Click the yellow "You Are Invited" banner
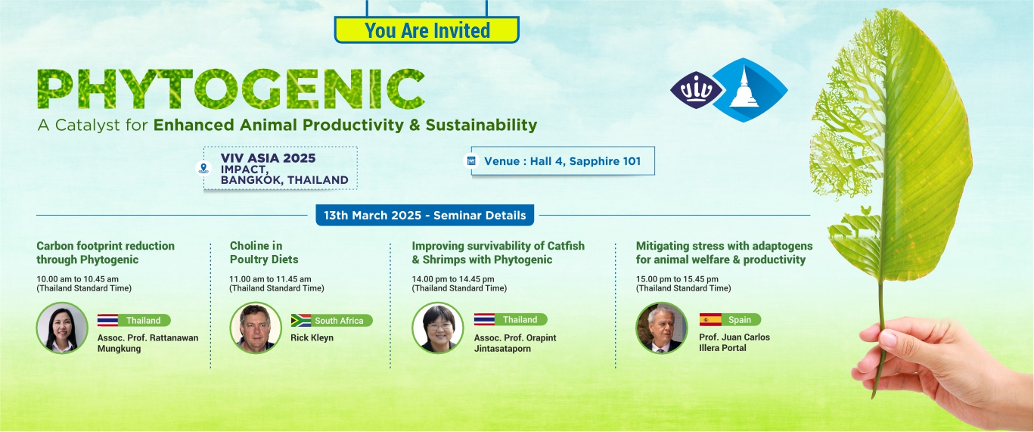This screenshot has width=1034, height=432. click(x=427, y=30)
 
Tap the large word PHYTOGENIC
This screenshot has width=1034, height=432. click(x=231, y=89)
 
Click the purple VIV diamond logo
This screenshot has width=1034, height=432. click(x=696, y=90)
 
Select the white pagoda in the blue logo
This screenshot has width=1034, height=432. click(x=744, y=88)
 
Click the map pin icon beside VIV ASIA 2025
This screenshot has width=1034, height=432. click(x=203, y=168)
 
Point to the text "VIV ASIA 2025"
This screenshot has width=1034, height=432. click(x=269, y=158)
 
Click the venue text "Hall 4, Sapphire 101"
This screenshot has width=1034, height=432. click(x=585, y=161)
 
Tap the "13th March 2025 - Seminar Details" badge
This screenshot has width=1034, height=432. click(x=424, y=215)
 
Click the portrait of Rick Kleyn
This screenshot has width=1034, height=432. click(x=255, y=328)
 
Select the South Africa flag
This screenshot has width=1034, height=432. click(x=301, y=320)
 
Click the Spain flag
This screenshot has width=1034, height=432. click(x=710, y=319)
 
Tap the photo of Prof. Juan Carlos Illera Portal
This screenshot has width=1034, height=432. click(x=662, y=328)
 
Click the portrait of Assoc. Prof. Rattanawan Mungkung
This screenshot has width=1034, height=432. click(x=62, y=328)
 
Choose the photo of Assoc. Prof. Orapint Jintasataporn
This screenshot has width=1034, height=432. click(x=438, y=328)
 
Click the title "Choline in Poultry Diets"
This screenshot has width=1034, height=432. click(x=264, y=253)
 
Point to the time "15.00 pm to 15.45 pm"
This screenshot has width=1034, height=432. click(x=677, y=278)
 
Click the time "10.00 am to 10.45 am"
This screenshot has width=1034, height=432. click(x=78, y=278)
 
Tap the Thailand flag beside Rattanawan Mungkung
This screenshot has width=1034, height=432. click(x=107, y=320)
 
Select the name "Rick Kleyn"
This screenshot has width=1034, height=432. click(x=312, y=337)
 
